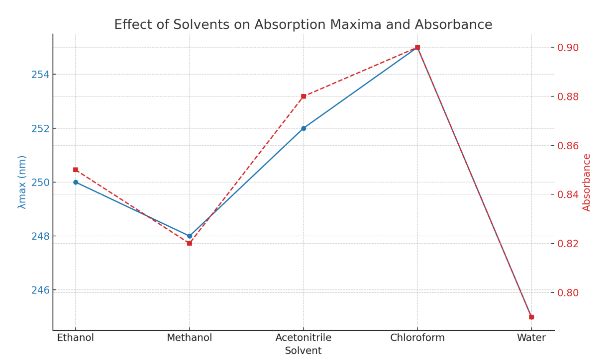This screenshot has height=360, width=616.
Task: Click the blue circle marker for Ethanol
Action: [76, 182]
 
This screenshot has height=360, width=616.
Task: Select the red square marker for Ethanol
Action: [76, 170]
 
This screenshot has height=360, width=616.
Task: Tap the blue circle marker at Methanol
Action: [190, 236]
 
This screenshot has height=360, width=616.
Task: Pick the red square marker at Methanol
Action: [190, 243]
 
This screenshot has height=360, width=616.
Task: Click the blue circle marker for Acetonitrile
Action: [304, 128]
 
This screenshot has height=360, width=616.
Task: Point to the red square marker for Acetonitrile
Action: [304, 96]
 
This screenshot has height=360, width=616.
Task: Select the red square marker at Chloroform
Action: [417, 47]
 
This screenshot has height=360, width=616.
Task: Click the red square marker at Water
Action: [531, 317]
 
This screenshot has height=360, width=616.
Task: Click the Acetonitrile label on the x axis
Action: [304, 338]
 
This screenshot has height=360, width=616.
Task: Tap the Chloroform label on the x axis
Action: [417, 338]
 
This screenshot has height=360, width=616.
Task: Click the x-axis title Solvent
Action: [303, 351]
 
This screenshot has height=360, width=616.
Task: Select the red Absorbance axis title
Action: [587, 182]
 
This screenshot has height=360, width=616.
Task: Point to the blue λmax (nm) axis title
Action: [22, 182]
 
